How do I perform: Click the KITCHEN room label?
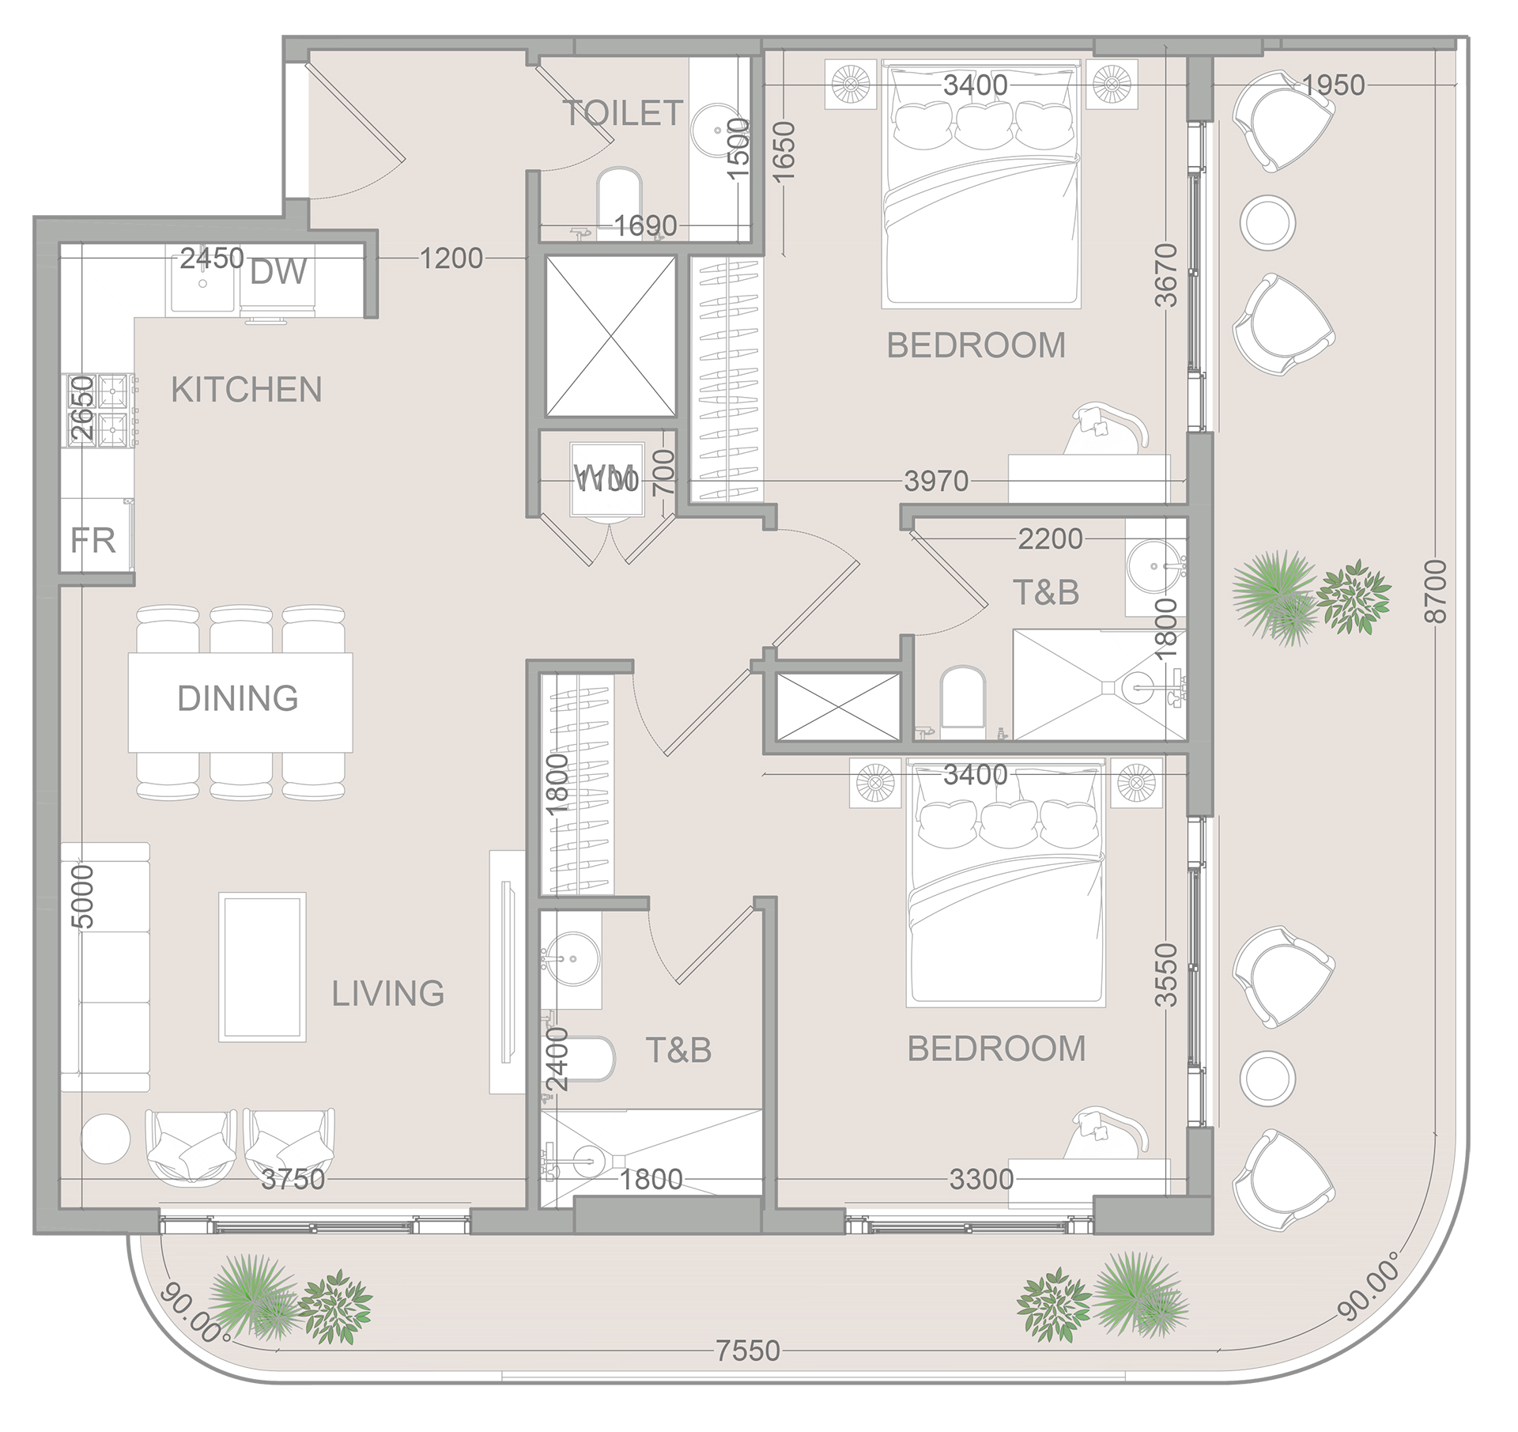tap(246, 390)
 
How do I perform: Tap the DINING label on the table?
tap(238, 698)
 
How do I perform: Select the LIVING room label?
tap(387, 993)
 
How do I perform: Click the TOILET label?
tap(622, 113)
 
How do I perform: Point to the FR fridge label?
tap(93, 541)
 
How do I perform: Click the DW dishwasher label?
tap(278, 272)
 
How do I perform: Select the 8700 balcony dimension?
tap(1434, 591)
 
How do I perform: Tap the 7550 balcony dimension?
tap(747, 1351)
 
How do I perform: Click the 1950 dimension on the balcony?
tap(1333, 85)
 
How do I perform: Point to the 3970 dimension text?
tap(936, 481)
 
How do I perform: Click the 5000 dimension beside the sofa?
tap(82, 897)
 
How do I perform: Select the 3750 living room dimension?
tap(293, 1179)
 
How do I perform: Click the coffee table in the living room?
tap(262, 966)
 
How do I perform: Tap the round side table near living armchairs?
tap(105, 1139)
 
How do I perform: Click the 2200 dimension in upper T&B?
tap(1049, 538)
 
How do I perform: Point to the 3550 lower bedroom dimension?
tap(1166, 974)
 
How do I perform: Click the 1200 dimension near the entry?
tap(451, 258)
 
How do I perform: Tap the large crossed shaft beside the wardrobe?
tap(610, 336)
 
